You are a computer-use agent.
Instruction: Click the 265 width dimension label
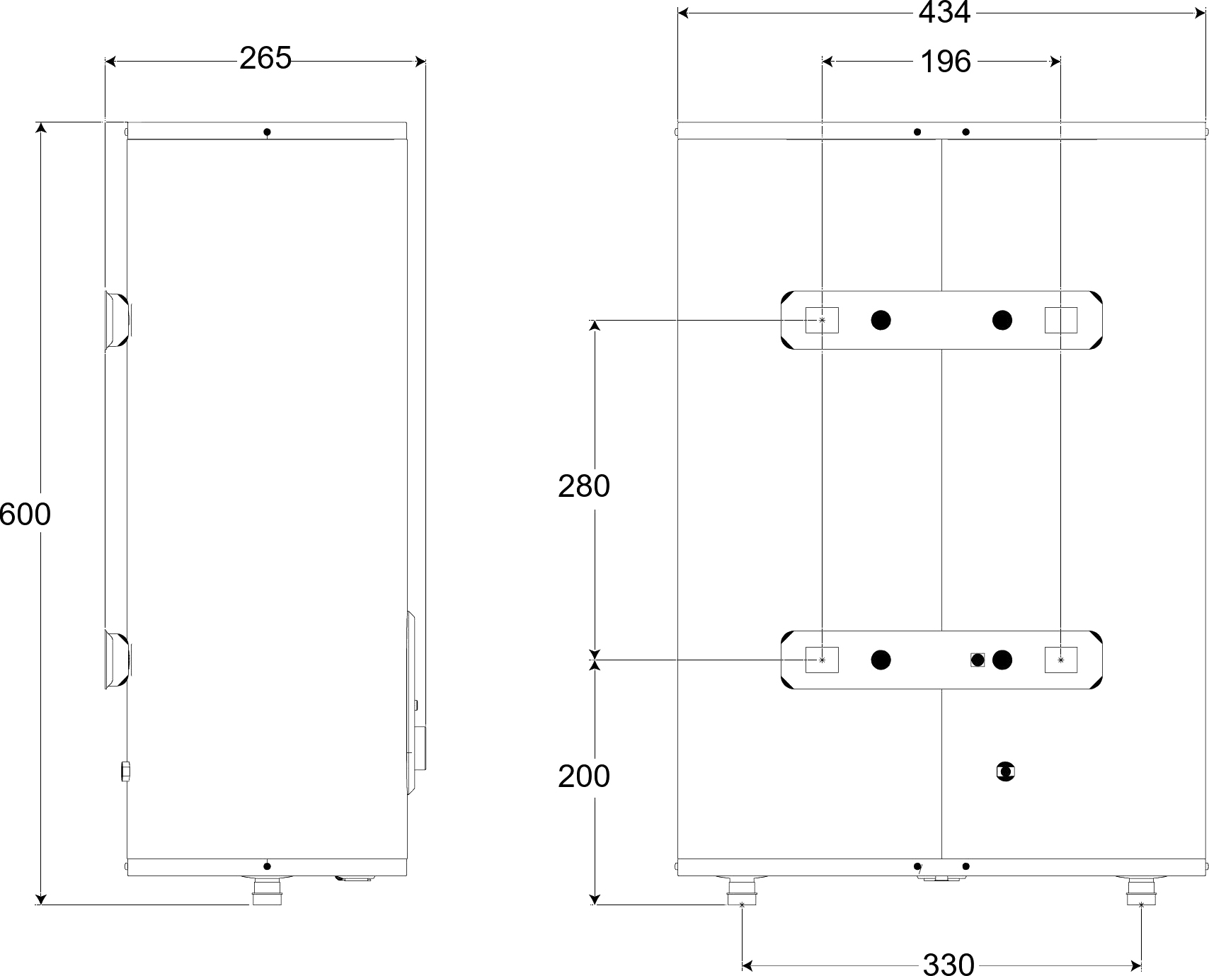[x=265, y=58]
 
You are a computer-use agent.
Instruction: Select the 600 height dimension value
[x=25, y=515]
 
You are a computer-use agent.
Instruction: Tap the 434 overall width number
[x=944, y=13]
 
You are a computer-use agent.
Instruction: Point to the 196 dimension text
[x=945, y=62]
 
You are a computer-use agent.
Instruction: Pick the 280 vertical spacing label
[x=584, y=486]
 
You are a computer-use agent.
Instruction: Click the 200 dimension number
[x=584, y=776]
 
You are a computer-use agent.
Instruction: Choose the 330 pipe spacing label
[x=949, y=964]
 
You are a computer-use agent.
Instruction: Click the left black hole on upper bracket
[x=881, y=320]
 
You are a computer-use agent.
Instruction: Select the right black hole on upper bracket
[x=1002, y=320]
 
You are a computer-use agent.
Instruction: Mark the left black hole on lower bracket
[x=881, y=660]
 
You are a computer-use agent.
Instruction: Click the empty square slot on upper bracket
[x=1061, y=320]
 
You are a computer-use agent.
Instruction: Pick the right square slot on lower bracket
[x=1061, y=660]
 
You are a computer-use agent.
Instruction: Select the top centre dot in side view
[x=267, y=132]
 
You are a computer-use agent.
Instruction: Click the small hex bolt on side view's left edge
[x=125, y=771]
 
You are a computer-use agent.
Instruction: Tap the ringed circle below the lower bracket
[x=1005, y=771]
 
